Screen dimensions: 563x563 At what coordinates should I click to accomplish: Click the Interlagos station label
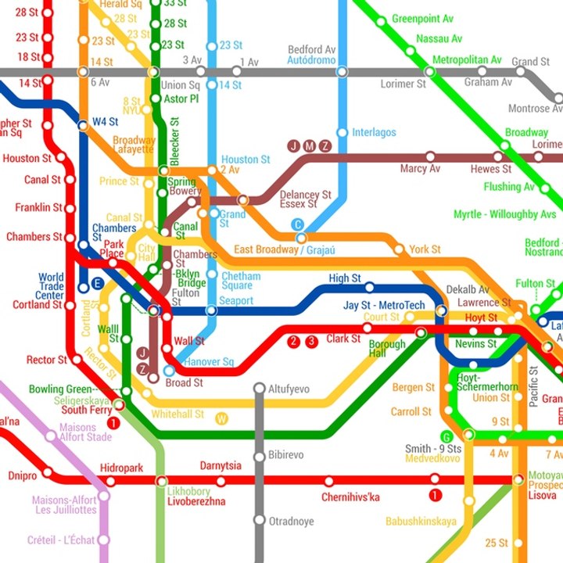pyautogui.click(x=374, y=133)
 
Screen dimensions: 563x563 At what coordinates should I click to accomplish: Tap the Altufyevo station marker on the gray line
pyautogui.click(x=260, y=388)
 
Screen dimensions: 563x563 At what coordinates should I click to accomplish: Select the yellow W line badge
pyautogui.click(x=222, y=418)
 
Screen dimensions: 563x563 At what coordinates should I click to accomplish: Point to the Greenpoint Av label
pyautogui.click(x=422, y=19)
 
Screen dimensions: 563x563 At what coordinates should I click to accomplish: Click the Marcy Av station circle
pyautogui.click(x=429, y=157)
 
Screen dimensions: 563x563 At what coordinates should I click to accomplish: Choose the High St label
pyautogui.click(x=345, y=278)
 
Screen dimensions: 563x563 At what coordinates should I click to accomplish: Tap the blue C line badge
pyautogui.click(x=297, y=224)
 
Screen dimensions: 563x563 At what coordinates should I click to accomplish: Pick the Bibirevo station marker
pyautogui.click(x=260, y=457)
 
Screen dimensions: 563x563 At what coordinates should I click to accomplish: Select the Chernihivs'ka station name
pyautogui.click(x=351, y=497)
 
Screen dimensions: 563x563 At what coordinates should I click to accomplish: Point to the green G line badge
pyautogui.click(x=446, y=436)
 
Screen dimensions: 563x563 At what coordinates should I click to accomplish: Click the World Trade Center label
pyautogui.click(x=51, y=286)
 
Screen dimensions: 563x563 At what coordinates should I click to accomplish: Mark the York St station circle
pyautogui.click(x=400, y=250)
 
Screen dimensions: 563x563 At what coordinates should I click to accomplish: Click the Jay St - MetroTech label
pyautogui.click(x=384, y=305)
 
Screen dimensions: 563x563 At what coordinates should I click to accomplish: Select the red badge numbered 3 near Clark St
pyautogui.click(x=311, y=341)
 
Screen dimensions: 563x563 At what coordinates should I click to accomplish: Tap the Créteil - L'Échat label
pyautogui.click(x=60, y=540)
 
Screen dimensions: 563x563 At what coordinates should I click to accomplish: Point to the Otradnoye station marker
pyautogui.click(x=260, y=520)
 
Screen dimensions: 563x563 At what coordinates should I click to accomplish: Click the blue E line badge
pyautogui.click(x=97, y=284)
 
